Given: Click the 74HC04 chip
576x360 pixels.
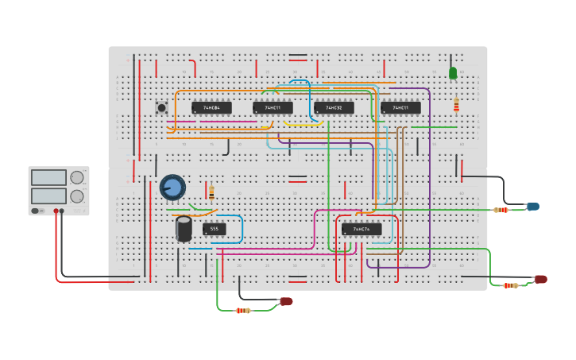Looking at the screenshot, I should (x=211, y=107).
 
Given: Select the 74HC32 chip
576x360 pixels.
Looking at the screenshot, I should (x=334, y=107).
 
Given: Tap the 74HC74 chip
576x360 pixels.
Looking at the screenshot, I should (x=361, y=229).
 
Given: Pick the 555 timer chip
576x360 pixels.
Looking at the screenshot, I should (x=214, y=229).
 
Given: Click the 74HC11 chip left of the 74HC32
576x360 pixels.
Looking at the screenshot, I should (x=273, y=107).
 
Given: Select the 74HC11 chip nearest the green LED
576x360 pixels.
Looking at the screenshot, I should (x=400, y=107).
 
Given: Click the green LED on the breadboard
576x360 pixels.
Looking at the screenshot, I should (x=453, y=73).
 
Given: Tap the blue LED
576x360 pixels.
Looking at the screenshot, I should (x=533, y=207).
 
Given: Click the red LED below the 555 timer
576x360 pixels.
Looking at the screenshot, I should (x=287, y=301).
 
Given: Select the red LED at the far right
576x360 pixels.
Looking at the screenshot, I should (x=541, y=279).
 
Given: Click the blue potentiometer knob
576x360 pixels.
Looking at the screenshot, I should (x=172, y=187).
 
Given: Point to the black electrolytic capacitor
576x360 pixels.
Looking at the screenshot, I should (x=184, y=229).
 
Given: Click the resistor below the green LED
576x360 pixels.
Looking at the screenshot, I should (x=456, y=106).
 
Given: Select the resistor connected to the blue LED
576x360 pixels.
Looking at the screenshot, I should (x=501, y=210).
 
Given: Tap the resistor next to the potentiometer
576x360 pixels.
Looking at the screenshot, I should (x=211, y=192).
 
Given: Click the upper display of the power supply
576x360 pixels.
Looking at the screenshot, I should (x=48, y=178).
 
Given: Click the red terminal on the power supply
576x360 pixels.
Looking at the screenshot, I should (x=56, y=211).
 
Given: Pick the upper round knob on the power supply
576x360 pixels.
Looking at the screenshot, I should (x=77, y=177).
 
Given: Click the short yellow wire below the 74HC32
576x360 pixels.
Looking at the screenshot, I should (x=302, y=125).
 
